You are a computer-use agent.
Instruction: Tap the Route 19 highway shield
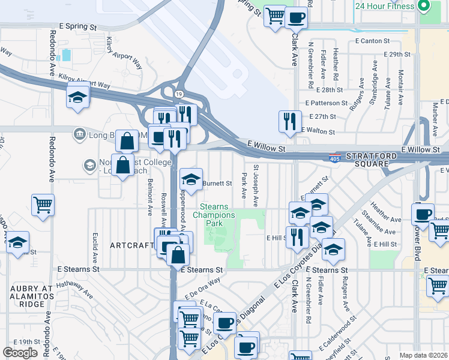179,94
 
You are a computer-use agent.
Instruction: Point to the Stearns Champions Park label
214,215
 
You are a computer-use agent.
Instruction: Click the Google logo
20,353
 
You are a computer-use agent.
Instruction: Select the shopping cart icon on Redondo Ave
43,205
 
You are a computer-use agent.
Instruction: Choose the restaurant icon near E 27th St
290,121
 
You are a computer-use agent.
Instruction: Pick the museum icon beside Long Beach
79,133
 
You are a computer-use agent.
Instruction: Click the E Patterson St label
327,103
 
